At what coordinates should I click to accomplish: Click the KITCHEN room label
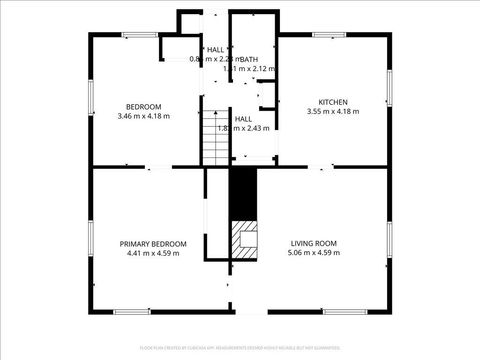coord(332,102)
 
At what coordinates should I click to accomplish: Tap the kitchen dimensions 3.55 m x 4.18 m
coord(332,112)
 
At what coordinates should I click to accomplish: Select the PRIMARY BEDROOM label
coord(153,244)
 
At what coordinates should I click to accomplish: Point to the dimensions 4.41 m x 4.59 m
coord(153,254)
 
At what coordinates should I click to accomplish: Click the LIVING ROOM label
coord(314,244)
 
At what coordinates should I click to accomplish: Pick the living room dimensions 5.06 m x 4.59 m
coord(314,254)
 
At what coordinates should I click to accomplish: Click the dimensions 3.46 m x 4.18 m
coord(144,117)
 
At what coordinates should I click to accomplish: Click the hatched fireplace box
coord(245,238)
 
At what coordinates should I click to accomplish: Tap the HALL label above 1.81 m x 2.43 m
coord(243,118)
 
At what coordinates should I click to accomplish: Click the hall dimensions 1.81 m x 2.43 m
coord(243,128)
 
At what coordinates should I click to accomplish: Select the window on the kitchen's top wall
coord(330,35)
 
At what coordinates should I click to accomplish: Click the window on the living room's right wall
coord(387,241)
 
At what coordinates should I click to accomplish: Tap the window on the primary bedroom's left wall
coord(92,241)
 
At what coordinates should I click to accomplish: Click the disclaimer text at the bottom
coord(240,347)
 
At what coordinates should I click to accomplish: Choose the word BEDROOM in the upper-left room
coord(143,107)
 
